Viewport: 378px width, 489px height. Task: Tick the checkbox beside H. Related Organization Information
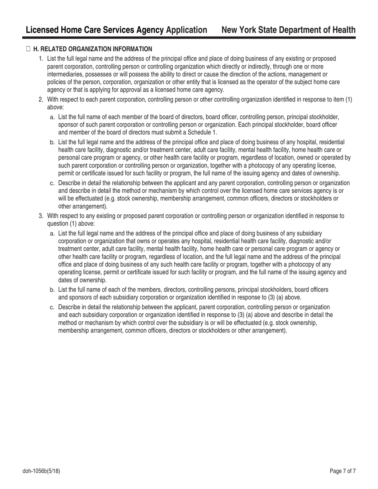(28, 49)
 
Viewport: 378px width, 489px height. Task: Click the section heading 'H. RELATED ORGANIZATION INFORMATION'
(92, 49)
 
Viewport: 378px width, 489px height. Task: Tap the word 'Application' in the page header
(187, 30)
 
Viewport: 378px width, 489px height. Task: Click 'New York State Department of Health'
(288, 30)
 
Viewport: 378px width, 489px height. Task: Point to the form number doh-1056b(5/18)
(41, 472)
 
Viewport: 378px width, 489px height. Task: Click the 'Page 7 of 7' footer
(343, 472)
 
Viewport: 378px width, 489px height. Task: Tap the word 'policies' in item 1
(57, 82)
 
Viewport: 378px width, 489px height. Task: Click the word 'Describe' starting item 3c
(70, 307)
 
